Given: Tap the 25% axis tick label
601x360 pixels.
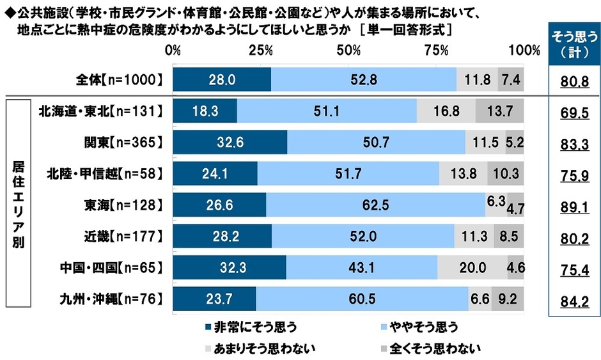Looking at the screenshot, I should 260,50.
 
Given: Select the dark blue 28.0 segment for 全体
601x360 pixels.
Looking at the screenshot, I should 222,79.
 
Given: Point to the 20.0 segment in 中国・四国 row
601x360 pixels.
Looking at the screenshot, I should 472,268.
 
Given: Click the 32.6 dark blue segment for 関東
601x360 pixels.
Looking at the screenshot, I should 230,143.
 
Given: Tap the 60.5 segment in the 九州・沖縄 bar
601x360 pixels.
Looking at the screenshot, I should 362,299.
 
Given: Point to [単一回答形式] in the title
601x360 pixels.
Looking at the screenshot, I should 406,29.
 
